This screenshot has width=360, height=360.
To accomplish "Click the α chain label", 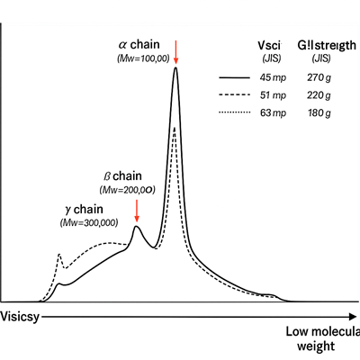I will [139, 43].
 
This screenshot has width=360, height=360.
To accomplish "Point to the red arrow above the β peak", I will [136, 211].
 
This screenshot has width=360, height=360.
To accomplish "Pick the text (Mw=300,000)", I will [93, 222].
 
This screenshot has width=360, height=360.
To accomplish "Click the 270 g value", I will [321, 78].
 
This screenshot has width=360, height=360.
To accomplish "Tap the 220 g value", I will [321, 95].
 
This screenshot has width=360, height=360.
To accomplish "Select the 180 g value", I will [321, 112].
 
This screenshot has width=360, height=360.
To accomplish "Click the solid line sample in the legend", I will [236, 78].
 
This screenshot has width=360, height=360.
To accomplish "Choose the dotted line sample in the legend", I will [236, 112].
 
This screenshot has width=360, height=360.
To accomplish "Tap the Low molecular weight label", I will [321, 339].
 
